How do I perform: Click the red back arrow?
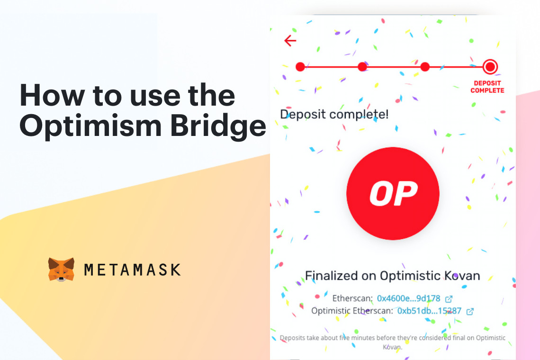290,41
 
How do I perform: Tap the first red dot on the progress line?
300,67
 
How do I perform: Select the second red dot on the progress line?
362,67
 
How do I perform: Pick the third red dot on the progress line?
425,67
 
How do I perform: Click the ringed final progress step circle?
490,67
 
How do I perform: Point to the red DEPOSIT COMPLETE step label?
487,87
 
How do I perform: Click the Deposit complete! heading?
334,114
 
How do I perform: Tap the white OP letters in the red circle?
393,193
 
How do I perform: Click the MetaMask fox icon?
61,270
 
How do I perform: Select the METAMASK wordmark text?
132,270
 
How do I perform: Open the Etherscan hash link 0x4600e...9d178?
408,298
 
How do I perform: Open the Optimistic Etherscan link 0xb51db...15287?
429,311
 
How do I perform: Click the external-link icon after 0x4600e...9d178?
449,299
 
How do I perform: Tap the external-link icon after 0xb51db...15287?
470,312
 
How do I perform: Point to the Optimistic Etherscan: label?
352,311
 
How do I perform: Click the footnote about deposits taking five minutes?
392,342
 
